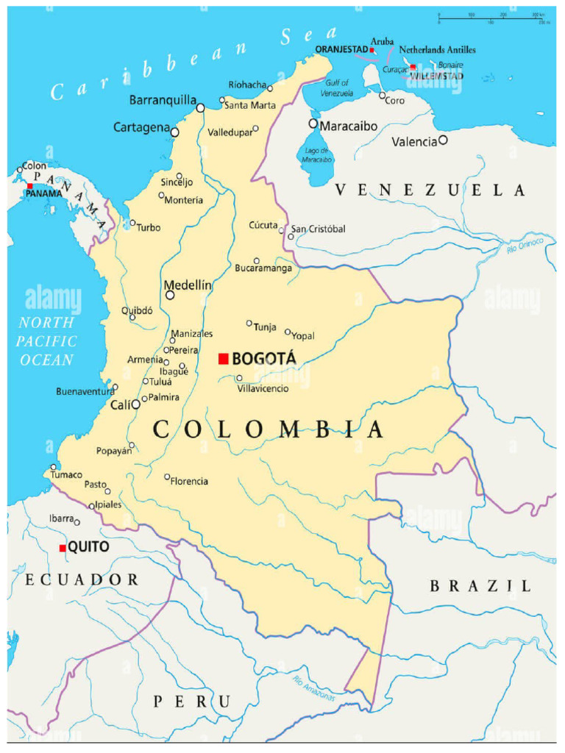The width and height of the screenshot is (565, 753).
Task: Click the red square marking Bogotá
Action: pos(224,359)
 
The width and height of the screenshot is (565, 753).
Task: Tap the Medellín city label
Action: pos(188,285)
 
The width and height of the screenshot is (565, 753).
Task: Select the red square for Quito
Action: pos(63,548)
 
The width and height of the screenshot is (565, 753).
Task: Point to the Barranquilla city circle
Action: pos(200,108)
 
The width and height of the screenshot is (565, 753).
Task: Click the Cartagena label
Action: pos(141,128)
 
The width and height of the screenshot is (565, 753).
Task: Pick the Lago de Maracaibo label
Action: pos(316,156)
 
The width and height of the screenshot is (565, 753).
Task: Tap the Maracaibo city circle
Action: pos(313,124)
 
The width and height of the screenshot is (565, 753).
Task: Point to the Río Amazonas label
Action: pos(313,689)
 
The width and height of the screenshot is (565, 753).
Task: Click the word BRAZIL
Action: pos(480,586)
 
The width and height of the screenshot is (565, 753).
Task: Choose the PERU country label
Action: pos(191,702)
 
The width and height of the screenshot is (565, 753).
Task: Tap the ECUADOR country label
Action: pos(82,580)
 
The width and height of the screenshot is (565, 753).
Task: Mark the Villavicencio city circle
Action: pos(239,378)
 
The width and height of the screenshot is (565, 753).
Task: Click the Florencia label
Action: pos(190,482)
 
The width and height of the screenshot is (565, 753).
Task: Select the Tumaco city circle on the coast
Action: pos(53,467)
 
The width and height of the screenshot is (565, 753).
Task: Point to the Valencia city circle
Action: pos(443,140)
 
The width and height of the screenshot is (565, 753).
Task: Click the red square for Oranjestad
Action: pos(372,50)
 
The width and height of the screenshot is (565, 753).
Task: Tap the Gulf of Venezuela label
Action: pos(338,89)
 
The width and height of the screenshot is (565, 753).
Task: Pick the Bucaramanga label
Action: pos(263,268)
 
